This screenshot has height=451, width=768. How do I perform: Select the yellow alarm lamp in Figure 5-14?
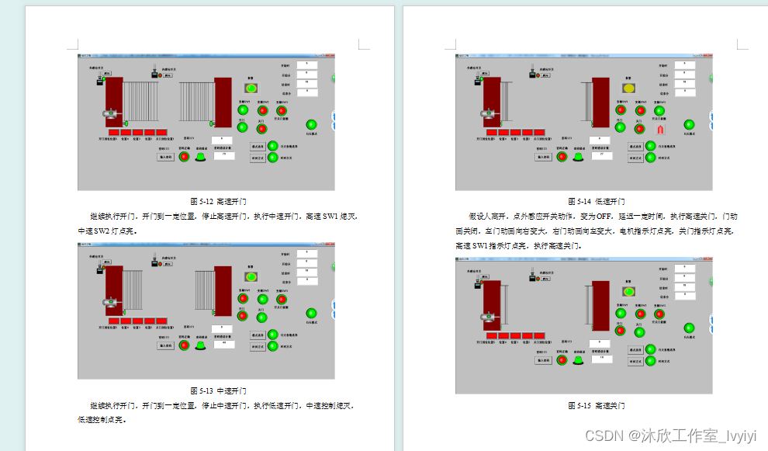pyautogui.click(x=630, y=89)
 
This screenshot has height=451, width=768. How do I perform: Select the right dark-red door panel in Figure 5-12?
pyautogui.click(x=223, y=101)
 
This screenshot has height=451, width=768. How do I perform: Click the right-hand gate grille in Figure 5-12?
pyautogui.click(x=195, y=101)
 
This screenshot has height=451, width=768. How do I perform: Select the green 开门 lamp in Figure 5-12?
pyautogui.click(x=243, y=127)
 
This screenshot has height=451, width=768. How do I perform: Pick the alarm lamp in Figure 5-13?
pyautogui.click(x=251, y=276)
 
